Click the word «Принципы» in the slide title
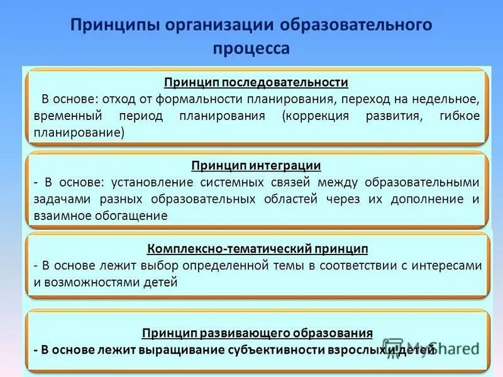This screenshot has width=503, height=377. [x=113, y=26]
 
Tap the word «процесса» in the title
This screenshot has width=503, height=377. [x=251, y=48]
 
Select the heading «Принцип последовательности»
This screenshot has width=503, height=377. [x=256, y=83]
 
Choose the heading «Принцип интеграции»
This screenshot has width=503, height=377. [x=256, y=166]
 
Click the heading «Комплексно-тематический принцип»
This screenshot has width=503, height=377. [x=257, y=249]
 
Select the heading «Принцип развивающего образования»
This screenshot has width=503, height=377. [x=257, y=332]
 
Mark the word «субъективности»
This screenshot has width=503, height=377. [x=284, y=349]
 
